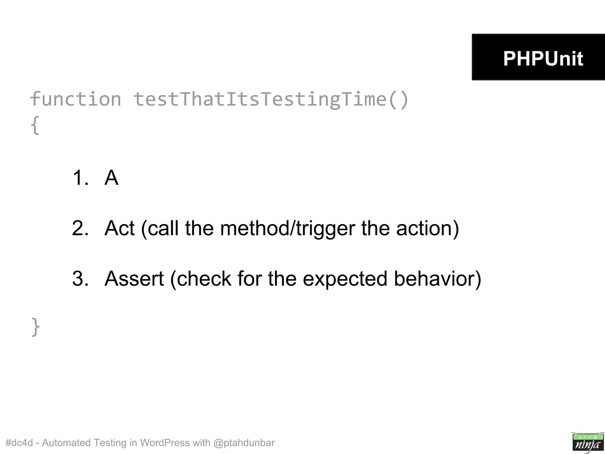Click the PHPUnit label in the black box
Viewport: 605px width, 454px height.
coord(543,58)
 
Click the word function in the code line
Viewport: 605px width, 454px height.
coord(76,99)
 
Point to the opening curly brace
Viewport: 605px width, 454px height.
coord(35,125)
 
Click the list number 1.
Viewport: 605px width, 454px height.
coord(80,178)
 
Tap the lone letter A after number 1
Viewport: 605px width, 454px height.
coord(111,178)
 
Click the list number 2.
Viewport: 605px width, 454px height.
coord(80,228)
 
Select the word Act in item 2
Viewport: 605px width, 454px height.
coord(119,228)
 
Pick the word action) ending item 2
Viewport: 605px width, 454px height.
coord(427,228)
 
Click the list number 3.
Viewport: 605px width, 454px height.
coord(80,278)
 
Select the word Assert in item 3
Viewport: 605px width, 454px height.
coord(134,278)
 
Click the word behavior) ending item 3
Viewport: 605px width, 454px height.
coord(438,278)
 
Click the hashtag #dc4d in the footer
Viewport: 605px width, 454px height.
coord(19,443)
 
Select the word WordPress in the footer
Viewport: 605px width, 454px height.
coord(165,443)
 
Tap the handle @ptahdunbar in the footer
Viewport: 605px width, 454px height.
coord(244,443)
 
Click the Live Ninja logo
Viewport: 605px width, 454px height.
coord(587,442)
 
